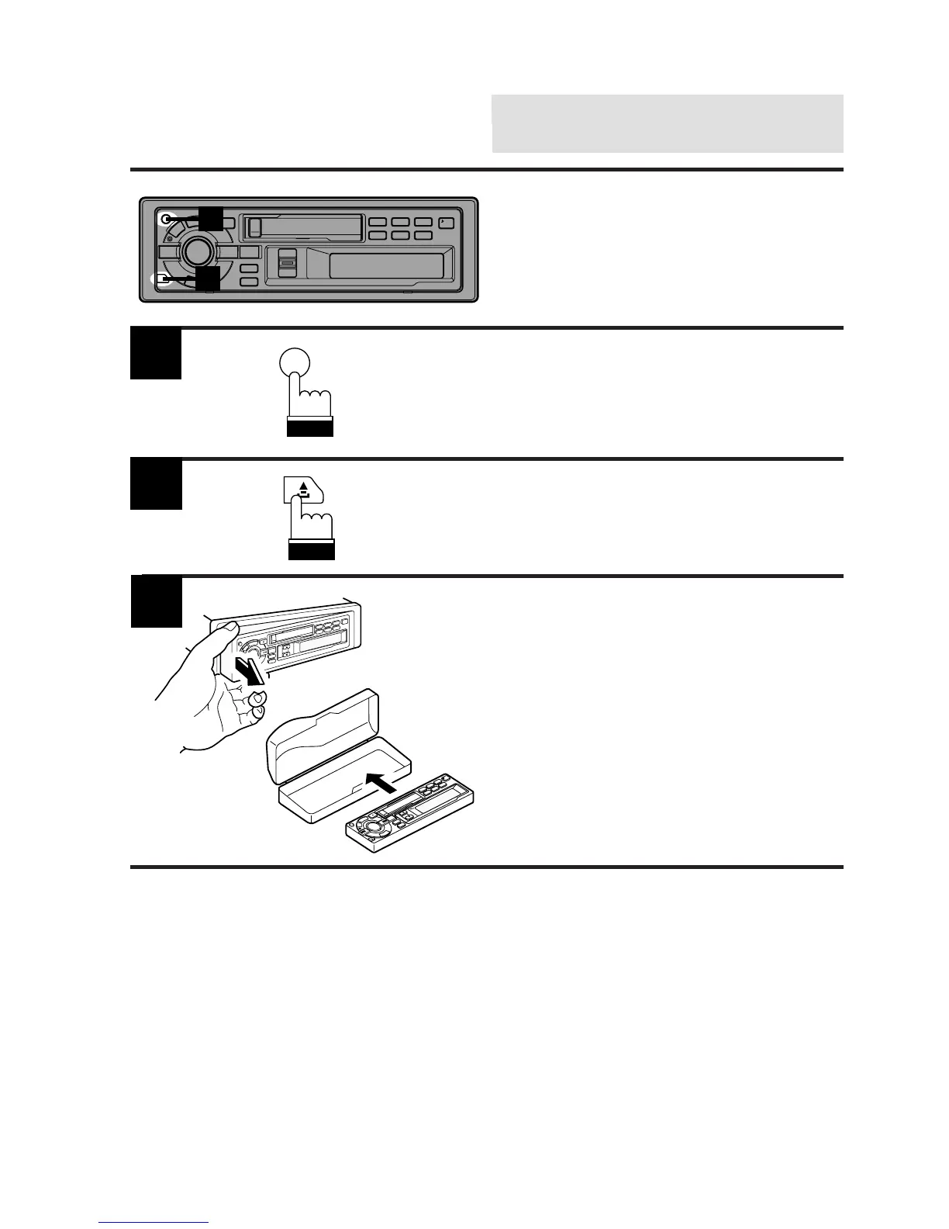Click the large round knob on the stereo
pyautogui.click(x=197, y=251)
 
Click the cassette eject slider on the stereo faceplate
pyautogui.click(x=287, y=261)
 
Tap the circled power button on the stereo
pyautogui.click(x=165, y=219)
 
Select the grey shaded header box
pyautogui.click(x=668, y=123)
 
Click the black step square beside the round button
pyautogui.click(x=156, y=354)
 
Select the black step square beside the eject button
pyautogui.click(x=156, y=484)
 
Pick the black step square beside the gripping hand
pyautogui.click(x=156, y=601)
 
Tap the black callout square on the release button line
pyautogui.click(x=208, y=279)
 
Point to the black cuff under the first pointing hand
pyautogui.click(x=309, y=428)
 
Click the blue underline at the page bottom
pyautogui.click(x=154, y=1223)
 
